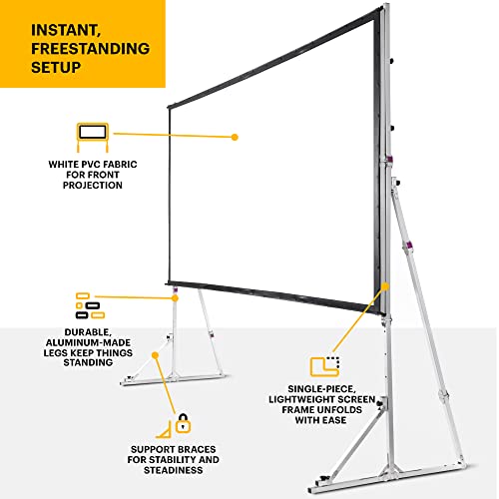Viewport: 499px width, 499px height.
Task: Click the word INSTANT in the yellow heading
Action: click(66, 30)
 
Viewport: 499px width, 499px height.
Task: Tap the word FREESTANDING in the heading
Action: click(91, 49)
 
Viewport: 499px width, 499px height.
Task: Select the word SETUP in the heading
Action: click(56, 67)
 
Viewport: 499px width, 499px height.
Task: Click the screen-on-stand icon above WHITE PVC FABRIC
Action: click(93, 137)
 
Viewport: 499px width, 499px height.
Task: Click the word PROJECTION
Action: click(93, 185)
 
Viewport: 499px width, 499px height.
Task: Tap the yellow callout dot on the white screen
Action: click(235, 137)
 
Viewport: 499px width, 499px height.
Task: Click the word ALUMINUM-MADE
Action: click(88, 342)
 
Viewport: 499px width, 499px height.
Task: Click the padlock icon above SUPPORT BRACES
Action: click(183, 423)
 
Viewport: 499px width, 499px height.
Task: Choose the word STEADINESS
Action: click(174, 470)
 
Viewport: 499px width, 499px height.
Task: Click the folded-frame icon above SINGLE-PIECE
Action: click(325, 366)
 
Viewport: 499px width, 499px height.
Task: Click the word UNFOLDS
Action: click(340, 409)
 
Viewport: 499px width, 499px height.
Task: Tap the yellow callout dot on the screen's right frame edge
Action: click(385, 286)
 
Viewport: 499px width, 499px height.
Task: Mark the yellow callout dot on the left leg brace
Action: click(155, 355)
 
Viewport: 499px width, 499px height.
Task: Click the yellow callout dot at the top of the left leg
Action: click(175, 297)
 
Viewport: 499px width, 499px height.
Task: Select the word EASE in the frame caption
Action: click(333, 420)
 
